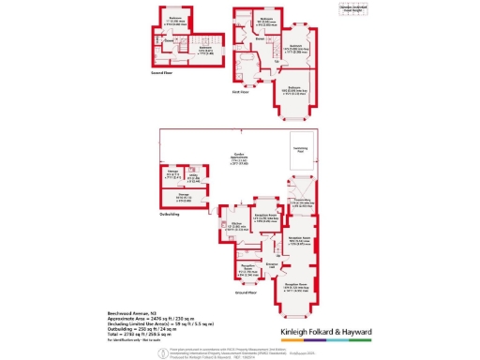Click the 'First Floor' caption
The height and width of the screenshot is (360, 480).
(241, 92)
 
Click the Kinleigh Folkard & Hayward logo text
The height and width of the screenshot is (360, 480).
(324, 333)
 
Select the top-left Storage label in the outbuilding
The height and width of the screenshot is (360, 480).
(173, 172)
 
